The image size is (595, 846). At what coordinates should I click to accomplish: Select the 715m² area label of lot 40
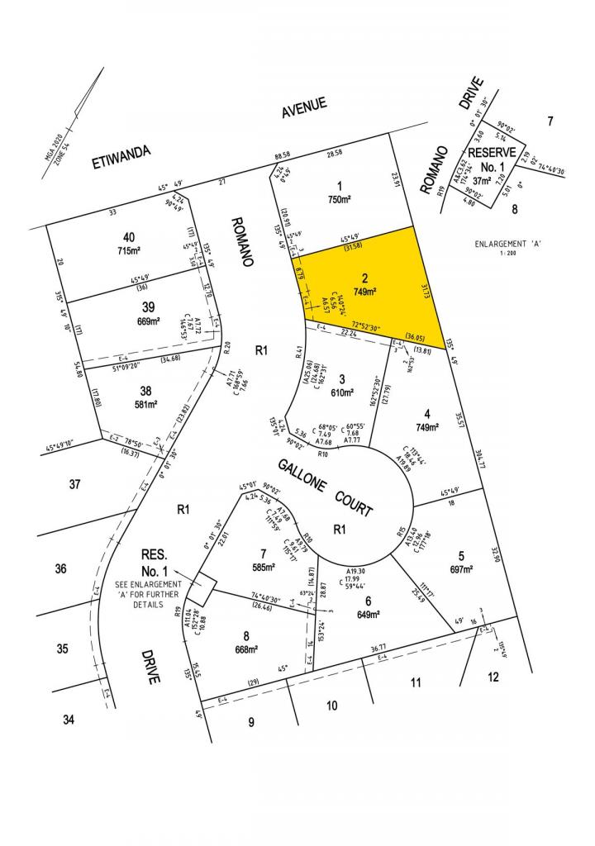pos(130,250)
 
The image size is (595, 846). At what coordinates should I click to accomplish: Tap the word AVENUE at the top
pos(304,107)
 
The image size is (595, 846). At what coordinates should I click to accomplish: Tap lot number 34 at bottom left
pos(69,720)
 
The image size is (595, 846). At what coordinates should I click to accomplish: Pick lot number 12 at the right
pos(493,677)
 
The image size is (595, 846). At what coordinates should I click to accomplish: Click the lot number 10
pos(332,705)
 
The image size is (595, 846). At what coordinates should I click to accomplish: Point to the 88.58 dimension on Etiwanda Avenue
pos(283,154)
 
